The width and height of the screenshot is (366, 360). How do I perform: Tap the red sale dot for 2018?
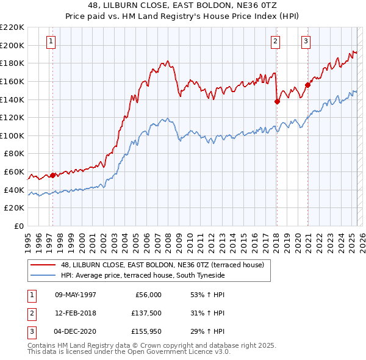pos(277,102)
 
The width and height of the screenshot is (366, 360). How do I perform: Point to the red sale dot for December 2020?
pos(307,85)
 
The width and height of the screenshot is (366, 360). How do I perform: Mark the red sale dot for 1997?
pos(52,175)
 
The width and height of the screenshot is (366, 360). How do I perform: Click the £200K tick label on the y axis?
pos(12,45)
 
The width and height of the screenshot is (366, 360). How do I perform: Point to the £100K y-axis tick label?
pos(12,136)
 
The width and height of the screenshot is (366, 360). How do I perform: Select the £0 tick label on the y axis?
pos(18,226)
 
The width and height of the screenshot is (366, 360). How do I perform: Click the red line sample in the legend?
pos(43,265)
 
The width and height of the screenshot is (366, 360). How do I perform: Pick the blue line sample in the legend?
pos(43,276)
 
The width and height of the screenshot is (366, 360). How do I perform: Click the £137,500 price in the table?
pos(146,314)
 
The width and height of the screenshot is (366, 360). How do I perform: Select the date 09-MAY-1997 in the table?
pos(76,295)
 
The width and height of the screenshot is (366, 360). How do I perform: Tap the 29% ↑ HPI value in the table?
pos(208,333)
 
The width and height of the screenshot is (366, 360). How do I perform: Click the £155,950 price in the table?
pos(146,333)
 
